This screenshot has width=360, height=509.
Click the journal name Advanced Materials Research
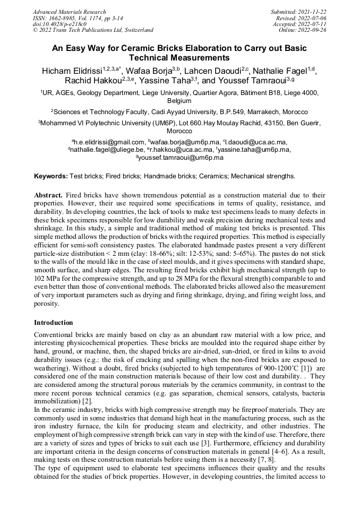(69, 12)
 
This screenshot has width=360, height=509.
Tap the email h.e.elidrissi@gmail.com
(110, 142)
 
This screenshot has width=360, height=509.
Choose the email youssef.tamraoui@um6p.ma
(181, 158)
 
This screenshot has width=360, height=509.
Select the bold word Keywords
(50, 176)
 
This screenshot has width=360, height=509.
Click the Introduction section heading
(54, 322)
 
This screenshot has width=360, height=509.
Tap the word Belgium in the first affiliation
(179, 100)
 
